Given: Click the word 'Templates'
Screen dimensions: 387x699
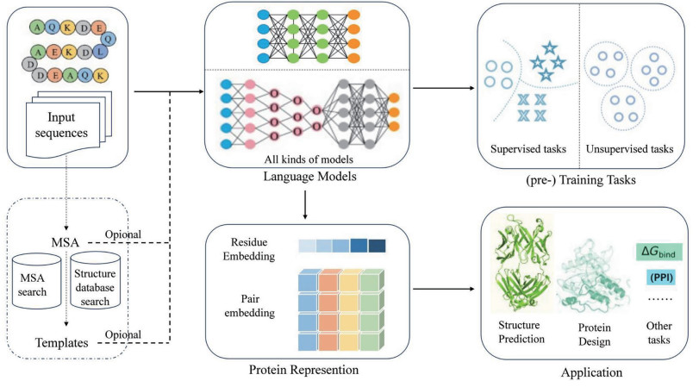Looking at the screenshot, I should [60, 342].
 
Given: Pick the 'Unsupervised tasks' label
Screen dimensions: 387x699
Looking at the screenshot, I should [629, 149].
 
